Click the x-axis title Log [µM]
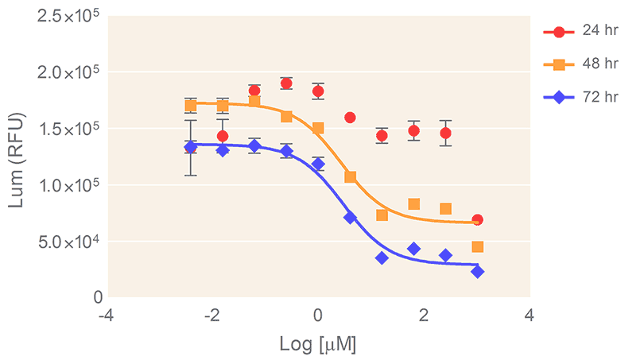tap(317, 345)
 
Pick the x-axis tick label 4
tap(529, 315)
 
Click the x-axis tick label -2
tap(211, 315)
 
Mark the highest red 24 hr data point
tap(286, 83)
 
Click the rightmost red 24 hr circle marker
tap(477, 219)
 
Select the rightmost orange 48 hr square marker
tap(477, 246)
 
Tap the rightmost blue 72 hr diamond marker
tap(477, 272)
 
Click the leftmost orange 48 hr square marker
tap(191, 105)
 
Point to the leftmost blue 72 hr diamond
tap(191, 147)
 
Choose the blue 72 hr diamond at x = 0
tap(318, 165)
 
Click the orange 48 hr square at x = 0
tap(318, 128)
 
